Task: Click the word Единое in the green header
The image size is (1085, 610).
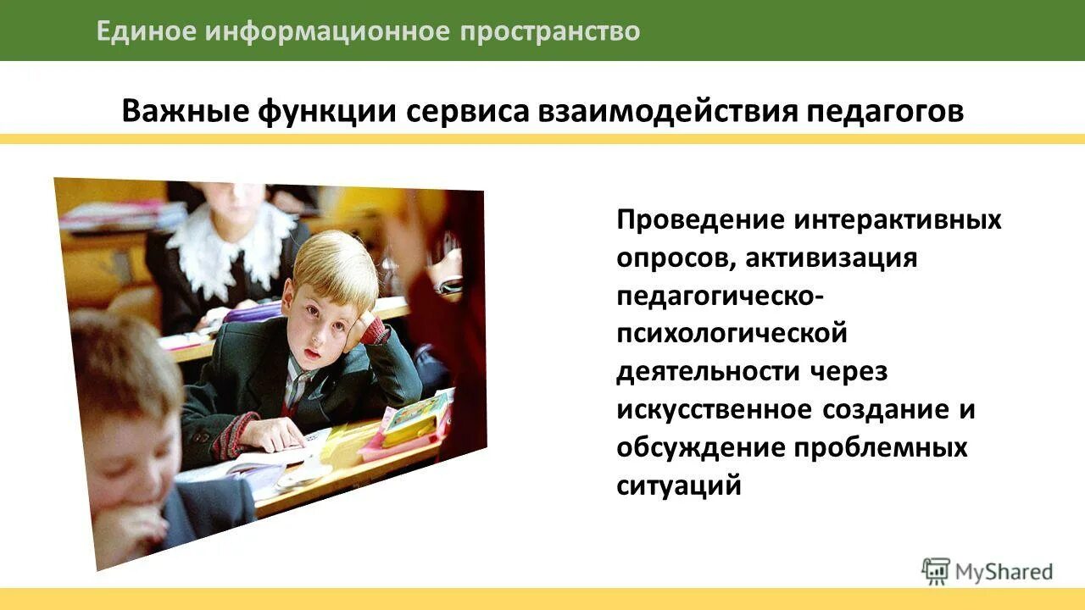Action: [x=145, y=31]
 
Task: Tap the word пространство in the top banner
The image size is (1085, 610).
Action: [x=550, y=31]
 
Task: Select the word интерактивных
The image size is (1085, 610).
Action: [x=898, y=220]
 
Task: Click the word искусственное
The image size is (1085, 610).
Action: [x=715, y=410]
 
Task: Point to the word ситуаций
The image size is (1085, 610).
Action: [x=679, y=486]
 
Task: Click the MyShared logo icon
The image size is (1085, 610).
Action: [x=936, y=571]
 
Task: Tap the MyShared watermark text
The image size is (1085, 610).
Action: [x=1004, y=573]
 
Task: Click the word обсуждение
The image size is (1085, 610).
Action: [x=700, y=447]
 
